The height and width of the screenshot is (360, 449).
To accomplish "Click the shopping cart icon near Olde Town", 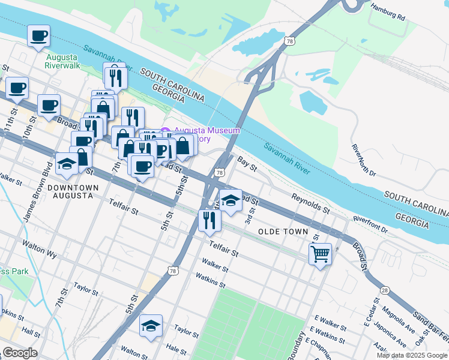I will click(321, 254).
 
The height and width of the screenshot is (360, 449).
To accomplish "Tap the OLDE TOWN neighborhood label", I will click(283, 232).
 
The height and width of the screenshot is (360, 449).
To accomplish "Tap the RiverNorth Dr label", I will click(364, 160).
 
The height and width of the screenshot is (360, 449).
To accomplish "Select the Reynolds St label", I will click(310, 203).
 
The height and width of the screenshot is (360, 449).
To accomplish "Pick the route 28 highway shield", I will click(384, 290).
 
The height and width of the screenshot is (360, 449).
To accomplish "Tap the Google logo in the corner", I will click(19, 353).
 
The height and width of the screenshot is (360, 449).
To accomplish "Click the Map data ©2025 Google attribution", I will click(412, 355).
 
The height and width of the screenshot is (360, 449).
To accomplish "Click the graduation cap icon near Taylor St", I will click(151, 326).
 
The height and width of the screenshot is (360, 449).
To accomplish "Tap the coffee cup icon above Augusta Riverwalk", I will click(38, 36).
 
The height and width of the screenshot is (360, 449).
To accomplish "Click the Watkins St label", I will click(210, 280).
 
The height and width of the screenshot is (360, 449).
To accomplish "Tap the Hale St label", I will click(176, 349).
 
